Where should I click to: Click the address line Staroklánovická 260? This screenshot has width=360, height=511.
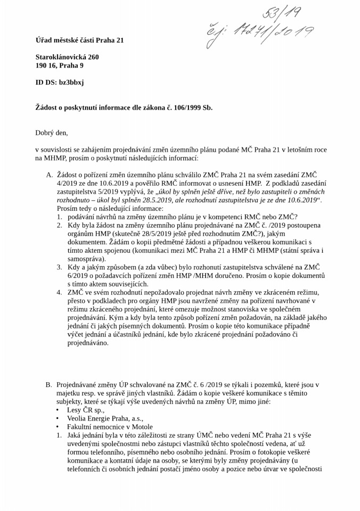tap(67, 56)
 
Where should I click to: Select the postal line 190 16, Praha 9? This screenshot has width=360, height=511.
tap(59, 65)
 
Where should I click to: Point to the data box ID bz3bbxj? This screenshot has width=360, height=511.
tap(70, 83)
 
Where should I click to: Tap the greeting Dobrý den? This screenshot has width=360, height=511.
tap(52, 133)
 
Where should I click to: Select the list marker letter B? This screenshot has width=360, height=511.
tap(48, 384)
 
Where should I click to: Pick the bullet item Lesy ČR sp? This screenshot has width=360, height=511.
tap(85, 410)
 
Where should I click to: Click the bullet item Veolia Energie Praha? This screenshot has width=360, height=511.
tap(105, 418)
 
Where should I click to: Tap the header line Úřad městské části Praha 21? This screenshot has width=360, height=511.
tap(79, 40)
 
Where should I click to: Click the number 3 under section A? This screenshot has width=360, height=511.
tap(60, 267)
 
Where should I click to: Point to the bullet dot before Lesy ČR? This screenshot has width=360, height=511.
tap(58, 410)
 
